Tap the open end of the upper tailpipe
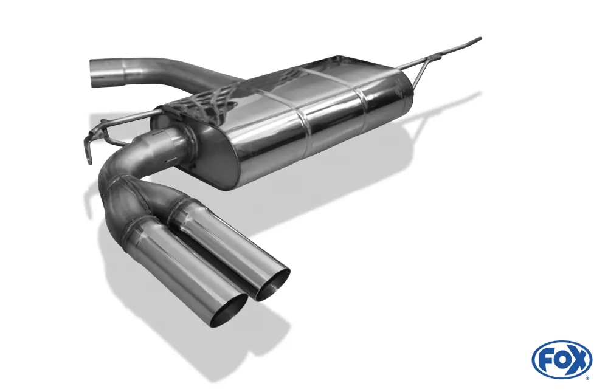273,285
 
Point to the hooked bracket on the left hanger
90,145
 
